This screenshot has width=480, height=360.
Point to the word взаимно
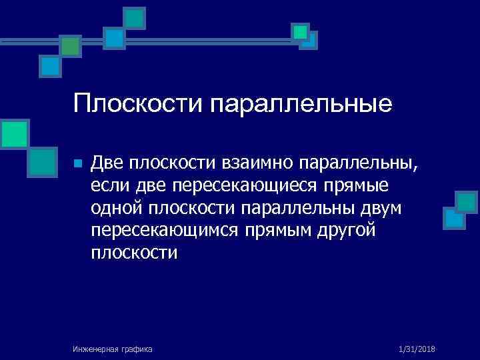pos(259,163)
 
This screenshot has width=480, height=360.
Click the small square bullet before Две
pos(78,163)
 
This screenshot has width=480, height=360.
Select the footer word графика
pos(137,349)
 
